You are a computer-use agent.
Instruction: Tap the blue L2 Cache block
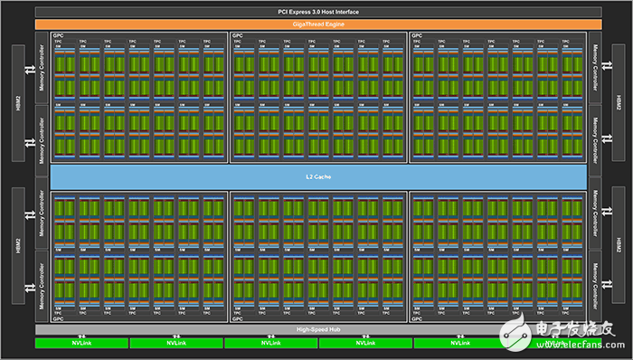(316, 175)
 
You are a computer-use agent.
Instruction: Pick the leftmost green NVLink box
(80, 343)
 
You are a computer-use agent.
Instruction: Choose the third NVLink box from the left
(269, 343)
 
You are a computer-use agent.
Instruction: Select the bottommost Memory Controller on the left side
(42, 286)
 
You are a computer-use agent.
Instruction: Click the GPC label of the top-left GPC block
(56, 35)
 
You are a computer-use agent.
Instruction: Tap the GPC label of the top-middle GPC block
(237, 35)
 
